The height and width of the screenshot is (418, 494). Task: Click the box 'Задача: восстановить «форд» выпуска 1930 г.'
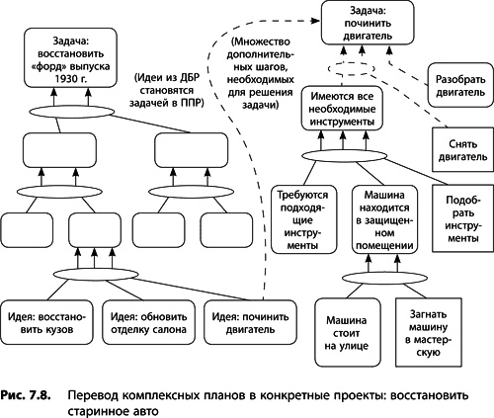point(66,58)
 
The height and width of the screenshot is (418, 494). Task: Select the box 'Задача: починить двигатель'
point(366,24)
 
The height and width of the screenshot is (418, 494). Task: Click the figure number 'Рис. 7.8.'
point(30,392)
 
